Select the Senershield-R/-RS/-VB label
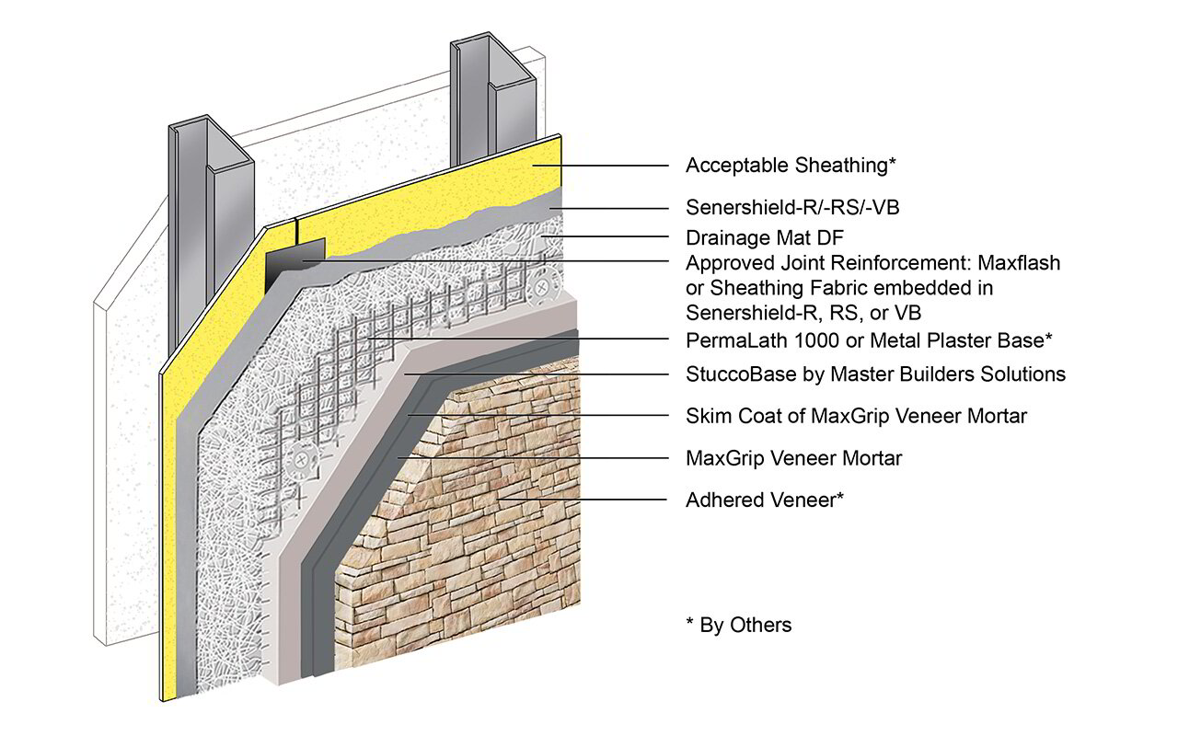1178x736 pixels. tap(792, 208)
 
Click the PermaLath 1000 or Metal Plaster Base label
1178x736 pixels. tap(868, 339)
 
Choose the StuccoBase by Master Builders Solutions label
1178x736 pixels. tap(875, 374)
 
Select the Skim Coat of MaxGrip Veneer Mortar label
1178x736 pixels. tap(856, 416)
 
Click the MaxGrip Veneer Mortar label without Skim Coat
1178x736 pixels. tap(793, 457)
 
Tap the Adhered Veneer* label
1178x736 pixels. tap(765, 500)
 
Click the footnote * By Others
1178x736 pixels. tap(738, 626)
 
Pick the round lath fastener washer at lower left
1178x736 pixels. tap(301, 460)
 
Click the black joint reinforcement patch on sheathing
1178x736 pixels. tap(295, 262)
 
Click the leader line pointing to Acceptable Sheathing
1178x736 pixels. tap(598, 166)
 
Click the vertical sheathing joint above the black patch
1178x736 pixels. tap(297, 230)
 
